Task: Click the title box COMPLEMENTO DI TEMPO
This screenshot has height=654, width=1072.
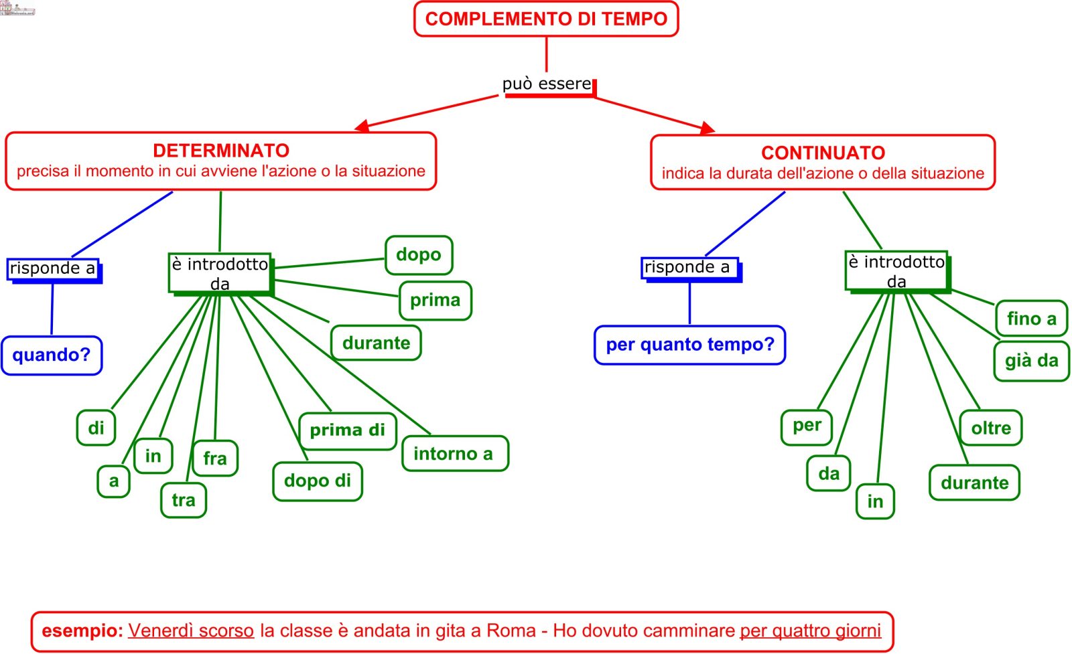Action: (x=546, y=19)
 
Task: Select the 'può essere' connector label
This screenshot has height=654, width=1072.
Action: (x=547, y=84)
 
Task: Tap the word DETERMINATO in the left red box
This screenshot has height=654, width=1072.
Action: (x=221, y=151)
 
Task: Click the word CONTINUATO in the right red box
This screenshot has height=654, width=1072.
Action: (x=823, y=153)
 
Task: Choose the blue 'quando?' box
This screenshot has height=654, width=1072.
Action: (x=52, y=355)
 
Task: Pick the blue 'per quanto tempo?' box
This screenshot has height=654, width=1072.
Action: (x=689, y=345)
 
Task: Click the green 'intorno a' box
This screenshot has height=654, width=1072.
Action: (x=455, y=454)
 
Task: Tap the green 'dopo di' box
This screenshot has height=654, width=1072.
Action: (x=318, y=481)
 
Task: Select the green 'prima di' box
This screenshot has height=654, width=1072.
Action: (x=347, y=430)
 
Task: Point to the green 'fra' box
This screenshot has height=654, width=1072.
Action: (x=215, y=459)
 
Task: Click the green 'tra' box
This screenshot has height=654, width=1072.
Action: (x=184, y=500)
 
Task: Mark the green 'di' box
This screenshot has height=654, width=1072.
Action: (x=96, y=428)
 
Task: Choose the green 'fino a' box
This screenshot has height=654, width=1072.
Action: (x=1031, y=319)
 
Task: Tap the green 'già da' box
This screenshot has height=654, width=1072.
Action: (x=1031, y=361)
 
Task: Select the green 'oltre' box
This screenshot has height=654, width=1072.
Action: (x=991, y=428)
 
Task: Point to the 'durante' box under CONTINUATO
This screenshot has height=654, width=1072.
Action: (x=974, y=483)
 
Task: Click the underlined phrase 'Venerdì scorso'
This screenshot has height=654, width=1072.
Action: (x=191, y=631)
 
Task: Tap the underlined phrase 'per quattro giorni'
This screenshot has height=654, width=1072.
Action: (x=810, y=631)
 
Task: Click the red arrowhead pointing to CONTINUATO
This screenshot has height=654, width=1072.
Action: (x=708, y=128)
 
